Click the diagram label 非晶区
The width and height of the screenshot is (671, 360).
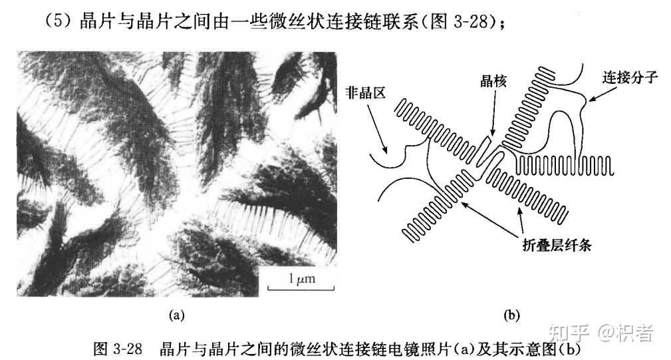coord(366,92)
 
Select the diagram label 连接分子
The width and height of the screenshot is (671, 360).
coord(629,77)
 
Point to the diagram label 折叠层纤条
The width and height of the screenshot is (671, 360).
coord(557,245)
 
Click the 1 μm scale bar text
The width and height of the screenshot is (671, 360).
coord(302,279)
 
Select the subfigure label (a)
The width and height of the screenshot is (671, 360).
coord(176,315)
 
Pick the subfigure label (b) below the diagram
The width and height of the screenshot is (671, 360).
coord(511,315)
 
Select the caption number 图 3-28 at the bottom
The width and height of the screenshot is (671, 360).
coord(118,349)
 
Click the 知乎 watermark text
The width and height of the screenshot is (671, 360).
coord(568,333)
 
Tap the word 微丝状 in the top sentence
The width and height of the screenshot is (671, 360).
coord(291,21)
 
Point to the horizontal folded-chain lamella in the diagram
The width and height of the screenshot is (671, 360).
coord(565,165)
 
